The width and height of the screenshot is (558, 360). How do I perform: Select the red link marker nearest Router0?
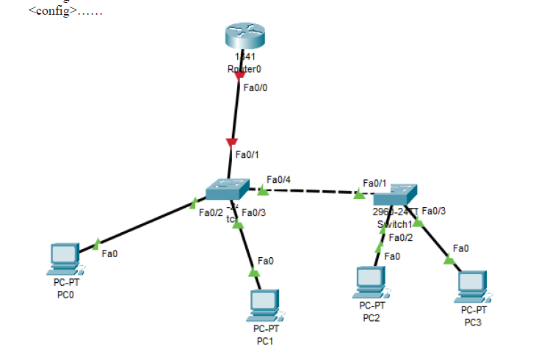click(239, 76)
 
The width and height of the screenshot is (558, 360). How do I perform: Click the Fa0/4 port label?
click(278, 179)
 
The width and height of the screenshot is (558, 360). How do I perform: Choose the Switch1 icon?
click(395, 195)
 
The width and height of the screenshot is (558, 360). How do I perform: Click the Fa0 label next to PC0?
click(109, 253)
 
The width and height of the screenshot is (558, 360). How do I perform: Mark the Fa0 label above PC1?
click(265, 261)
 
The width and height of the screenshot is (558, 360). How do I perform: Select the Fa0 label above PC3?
click(461, 248)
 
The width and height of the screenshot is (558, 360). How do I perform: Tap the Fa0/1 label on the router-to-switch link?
click(247, 155)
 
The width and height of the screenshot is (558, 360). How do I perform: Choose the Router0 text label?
click(244, 69)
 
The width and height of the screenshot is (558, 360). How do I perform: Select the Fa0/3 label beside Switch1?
click(434, 211)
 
